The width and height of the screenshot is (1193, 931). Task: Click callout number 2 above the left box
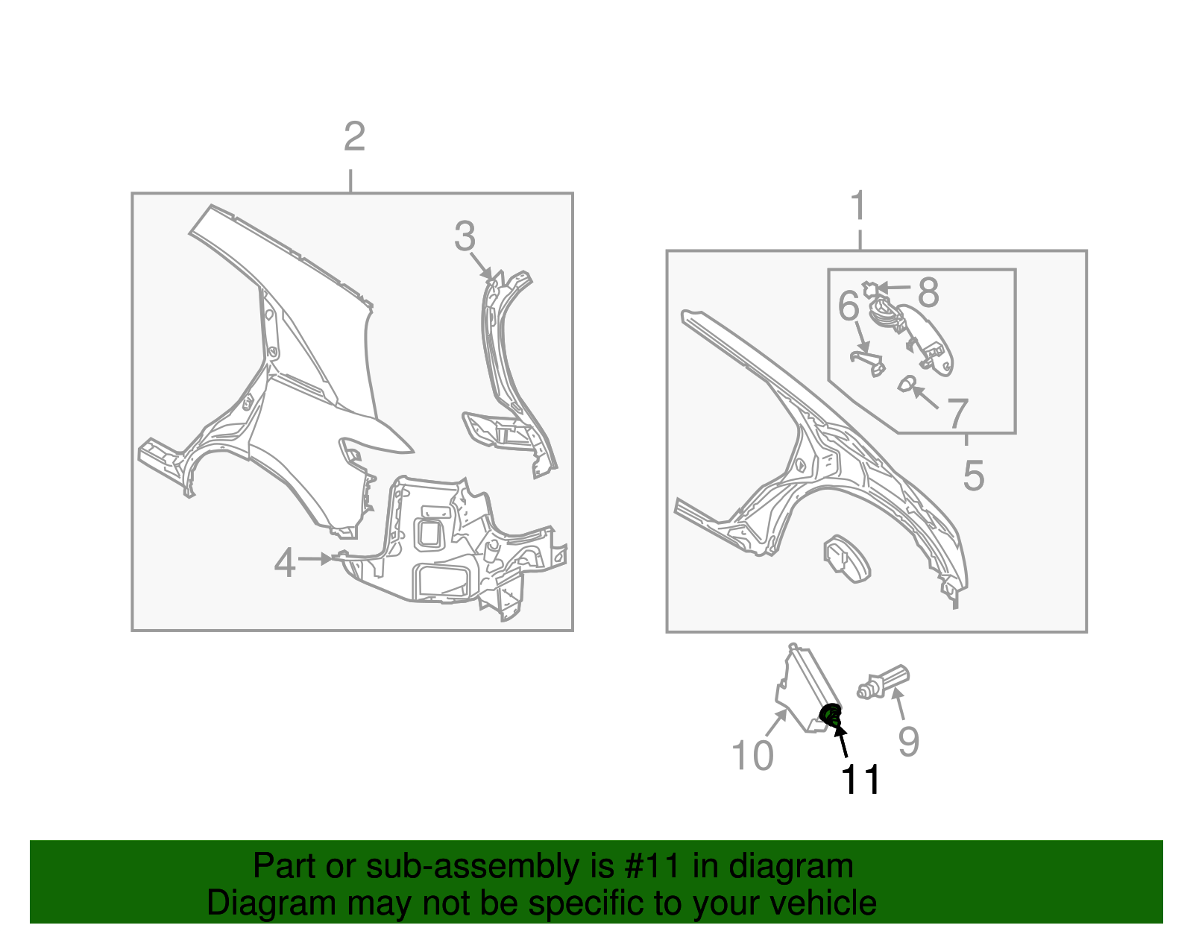pyautogui.click(x=354, y=136)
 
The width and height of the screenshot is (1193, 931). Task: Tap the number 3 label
pyautogui.click(x=465, y=236)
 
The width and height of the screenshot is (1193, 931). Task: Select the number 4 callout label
pyautogui.click(x=285, y=563)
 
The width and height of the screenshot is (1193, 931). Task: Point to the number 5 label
pyautogui.click(x=973, y=475)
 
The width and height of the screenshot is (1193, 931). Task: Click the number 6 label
pyautogui.click(x=849, y=306)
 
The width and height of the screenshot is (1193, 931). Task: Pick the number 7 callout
pyautogui.click(x=957, y=414)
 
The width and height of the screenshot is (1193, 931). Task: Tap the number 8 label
pyautogui.click(x=928, y=292)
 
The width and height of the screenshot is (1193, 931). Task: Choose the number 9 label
pyautogui.click(x=908, y=741)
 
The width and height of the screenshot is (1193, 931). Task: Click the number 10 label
pyautogui.click(x=752, y=755)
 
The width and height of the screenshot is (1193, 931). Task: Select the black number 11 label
pyautogui.click(x=860, y=780)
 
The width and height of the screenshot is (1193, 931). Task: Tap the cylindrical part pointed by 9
pyautogui.click(x=884, y=683)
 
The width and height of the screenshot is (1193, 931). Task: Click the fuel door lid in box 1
pyautogui.click(x=847, y=558)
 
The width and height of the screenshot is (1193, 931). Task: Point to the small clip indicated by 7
pyautogui.click(x=905, y=385)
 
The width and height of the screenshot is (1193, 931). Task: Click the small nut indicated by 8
pyautogui.click(x=869, y=288)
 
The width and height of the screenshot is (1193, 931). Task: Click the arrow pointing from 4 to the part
pyautogui.click(x=315, y=558)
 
